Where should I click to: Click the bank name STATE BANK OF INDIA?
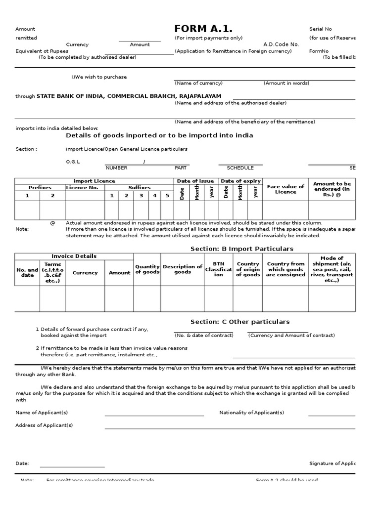70,96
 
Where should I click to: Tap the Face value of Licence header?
285,189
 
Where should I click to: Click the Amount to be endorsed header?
332,189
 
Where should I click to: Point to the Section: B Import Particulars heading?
242,249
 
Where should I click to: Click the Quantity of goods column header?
147,269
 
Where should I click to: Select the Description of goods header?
183,269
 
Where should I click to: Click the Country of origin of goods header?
248,269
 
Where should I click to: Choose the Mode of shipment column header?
332,269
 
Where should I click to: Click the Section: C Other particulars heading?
240,322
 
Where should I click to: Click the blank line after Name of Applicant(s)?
154,415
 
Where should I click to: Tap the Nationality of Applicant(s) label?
251,412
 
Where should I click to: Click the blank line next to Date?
72,466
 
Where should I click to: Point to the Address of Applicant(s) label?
44,425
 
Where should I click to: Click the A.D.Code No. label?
281,44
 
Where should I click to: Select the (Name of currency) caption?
198,83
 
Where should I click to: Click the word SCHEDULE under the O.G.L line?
240,168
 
